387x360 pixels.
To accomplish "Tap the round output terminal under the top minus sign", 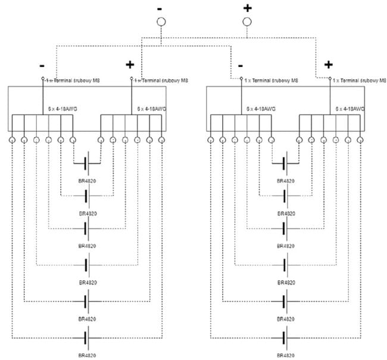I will pyautogui.click(x=160, y=22).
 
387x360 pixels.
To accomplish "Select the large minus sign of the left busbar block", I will pyautogui.click(x=41, y=64).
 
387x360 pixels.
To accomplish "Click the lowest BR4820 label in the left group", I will pyautogui.click(x=87, y=355).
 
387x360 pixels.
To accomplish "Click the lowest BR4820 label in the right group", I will pyautogui.click(x=286, y=355).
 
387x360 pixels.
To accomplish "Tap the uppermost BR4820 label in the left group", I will pyautogui.click(x=87, y=180).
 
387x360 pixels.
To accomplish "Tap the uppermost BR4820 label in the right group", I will pyautogui.click(x=286, y=180).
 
